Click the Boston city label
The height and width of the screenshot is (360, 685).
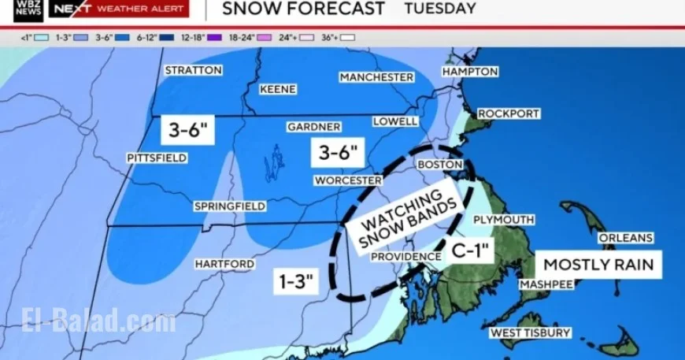click(x=438, y=164)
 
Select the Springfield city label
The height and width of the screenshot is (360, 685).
click(x=230, y=206)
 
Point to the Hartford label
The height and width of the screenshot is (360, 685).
click(x=224, y=263)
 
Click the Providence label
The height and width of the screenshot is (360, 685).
click(x=406, y=257)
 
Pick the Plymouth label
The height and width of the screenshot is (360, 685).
click(x=504, y=220)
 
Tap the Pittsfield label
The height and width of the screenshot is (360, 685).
click(x=157, y=158)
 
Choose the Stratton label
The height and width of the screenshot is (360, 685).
click(x=193, y=70)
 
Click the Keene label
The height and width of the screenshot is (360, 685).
click(x=278, y=89)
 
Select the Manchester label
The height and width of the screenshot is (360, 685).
click(x=376, y=77)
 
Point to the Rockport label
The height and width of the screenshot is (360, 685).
click(x=509, y=113)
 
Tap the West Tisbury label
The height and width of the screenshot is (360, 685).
click(x=531, y=333)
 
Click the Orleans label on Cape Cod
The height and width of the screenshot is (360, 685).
click(x=626, y=237)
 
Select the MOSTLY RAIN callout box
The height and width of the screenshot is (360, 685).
click(x=599, y=264)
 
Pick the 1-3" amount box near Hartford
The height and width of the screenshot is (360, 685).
click(x=295, y=281)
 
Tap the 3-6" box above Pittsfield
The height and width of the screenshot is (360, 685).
click(x=187, y=129)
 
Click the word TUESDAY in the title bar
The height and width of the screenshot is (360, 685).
click(x=440, y=9)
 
